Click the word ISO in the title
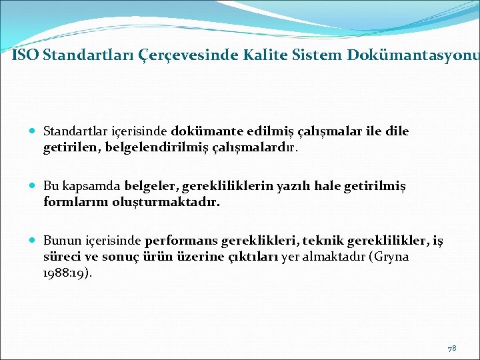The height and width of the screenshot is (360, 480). (x=25, y=55)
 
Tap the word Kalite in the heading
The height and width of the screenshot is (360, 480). (x=275, y=55)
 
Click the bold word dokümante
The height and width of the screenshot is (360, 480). (x=200, y=131)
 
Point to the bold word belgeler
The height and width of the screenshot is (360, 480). (x=147, y=185)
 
